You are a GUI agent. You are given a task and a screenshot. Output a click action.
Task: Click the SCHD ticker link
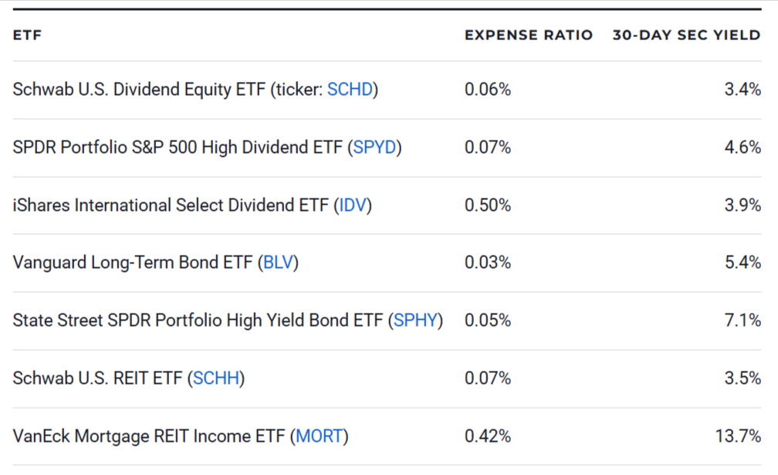(x=350, y=90)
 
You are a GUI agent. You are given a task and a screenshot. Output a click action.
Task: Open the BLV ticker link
(x=279, y=263)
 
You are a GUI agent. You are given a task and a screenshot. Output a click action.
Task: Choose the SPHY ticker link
(x=415, y=321)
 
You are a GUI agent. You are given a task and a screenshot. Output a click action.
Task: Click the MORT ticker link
(x=319, y=436)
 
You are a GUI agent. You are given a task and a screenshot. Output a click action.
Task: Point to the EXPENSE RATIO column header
(x=529, y=36)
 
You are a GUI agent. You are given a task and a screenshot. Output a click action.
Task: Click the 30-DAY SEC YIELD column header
(x=686, y=36)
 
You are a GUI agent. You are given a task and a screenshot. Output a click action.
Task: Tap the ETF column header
(x=27, y=36)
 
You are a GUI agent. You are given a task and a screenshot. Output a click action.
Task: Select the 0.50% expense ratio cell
(x=488, y=205)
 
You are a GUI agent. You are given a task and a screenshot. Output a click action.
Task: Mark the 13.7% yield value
(x=738, y=436)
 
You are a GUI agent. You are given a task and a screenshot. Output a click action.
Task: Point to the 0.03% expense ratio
(x=488, y=263)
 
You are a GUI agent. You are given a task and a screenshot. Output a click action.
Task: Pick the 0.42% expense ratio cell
(x=488, y=436)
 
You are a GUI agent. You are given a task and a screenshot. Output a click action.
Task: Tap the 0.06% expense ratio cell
(x=488, y=90)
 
